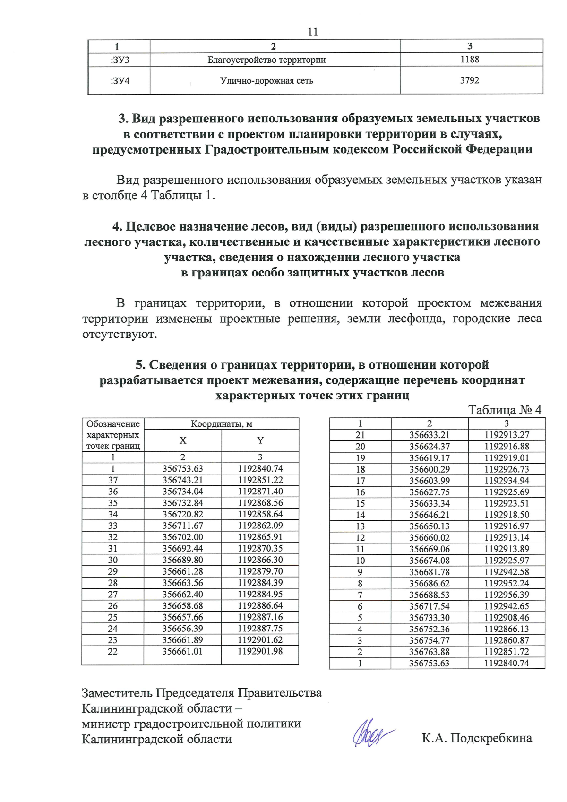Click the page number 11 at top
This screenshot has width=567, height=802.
pos(312,32)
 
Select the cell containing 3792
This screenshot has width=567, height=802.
pos(469,80)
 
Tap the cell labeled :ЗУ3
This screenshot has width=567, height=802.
pos(120,60)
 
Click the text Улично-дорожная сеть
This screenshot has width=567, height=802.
pos(266,81)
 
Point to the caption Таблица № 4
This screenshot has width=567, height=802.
pos(504,410)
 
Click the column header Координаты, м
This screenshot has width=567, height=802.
pos(221,424)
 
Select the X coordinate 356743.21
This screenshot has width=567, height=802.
pos(182,480)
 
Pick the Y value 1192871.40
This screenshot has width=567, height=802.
pos(260,492)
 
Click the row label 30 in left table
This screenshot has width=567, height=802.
pos(112,560)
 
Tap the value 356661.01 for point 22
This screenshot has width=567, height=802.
pos(182,651)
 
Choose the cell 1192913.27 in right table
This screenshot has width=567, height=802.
pos(507,435)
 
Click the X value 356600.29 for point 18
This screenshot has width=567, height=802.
pos(429,469)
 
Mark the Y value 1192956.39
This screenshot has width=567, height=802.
pos(507,595)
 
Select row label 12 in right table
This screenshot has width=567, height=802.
pos(360,538)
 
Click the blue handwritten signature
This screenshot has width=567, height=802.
pos(372,734)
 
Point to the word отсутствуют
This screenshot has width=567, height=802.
pos(119,334)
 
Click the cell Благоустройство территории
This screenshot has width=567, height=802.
pos(266,60)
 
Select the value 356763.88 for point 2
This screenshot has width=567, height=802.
pos(429,652)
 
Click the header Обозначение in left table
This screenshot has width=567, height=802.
pos(113,424)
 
